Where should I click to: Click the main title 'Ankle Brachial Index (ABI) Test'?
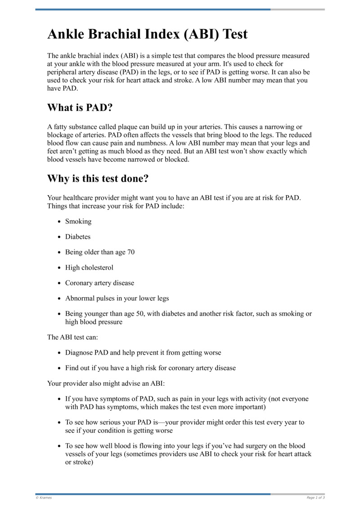(147, 35)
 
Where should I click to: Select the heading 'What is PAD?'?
(80, 108)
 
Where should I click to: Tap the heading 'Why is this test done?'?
(98, 178)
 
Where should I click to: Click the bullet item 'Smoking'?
(78, 221)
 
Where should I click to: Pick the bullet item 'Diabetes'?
(78, 236)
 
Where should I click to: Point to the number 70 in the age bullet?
(130, 252)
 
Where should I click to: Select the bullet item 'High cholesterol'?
(89, 267)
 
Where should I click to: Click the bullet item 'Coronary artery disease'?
(99, 283)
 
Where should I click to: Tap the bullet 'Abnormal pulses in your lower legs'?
(117, 298)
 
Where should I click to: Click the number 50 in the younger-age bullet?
(144, 314)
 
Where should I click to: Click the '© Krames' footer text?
(44, 498)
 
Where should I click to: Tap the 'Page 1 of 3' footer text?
(315, 498)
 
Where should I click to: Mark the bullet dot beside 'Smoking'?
(60, 222)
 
